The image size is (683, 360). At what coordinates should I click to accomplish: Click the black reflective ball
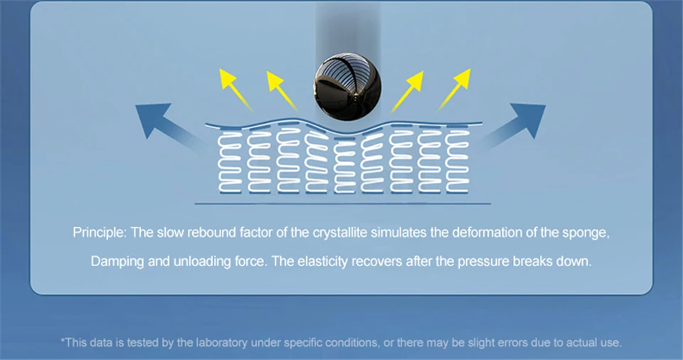pyautogui.click(x=346, y=87)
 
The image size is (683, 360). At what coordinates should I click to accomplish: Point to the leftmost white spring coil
pyautogui.click(x=231, y=161)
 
